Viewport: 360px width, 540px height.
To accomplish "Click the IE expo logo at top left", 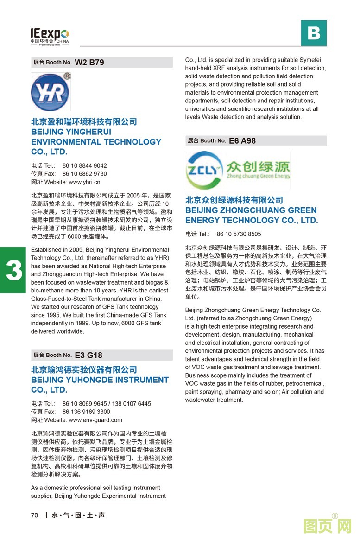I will click(50, 36).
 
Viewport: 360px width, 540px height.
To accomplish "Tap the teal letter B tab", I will click(314, 33).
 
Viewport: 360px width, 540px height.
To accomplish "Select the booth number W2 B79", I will click(89, 62).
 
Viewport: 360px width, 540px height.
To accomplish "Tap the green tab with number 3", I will click(13, 270).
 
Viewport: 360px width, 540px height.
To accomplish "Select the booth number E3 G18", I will click(88, 355).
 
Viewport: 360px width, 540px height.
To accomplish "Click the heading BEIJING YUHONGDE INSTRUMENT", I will click(100, 380).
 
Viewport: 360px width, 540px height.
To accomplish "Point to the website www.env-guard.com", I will click(95, 420).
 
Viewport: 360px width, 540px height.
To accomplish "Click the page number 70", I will click(35, 515).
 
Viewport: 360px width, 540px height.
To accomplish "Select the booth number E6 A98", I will click(242, 140).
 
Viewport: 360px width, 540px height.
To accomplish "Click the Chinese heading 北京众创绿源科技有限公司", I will click(234, 200).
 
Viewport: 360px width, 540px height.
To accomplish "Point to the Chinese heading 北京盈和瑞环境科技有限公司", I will click(84, 121).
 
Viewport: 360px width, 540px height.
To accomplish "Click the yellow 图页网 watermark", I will click(327, 526).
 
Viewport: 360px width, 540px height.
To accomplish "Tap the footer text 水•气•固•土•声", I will click(78, 515).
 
